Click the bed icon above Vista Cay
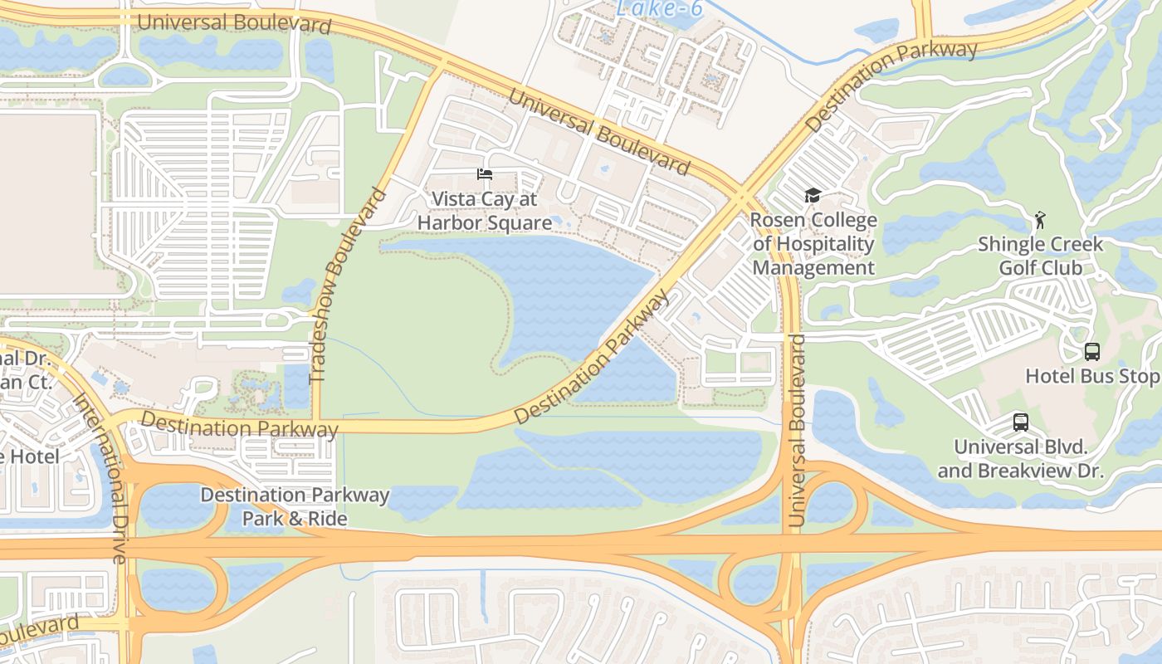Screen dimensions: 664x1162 (x=485, y=174)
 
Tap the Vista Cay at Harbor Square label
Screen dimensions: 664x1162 (x=485, y=212)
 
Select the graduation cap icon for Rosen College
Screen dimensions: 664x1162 (x=813, y=196)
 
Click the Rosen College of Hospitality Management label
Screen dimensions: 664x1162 (x=813, y=244)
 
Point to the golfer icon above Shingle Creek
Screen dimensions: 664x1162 (x=1040, y=220)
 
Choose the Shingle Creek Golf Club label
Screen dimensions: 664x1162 (x=1040, y=256)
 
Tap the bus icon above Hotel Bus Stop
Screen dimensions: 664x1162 (x=1092, y=351)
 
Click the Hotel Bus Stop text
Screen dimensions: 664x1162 (x=1091, y=376)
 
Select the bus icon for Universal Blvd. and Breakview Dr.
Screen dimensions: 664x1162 (x=1021, y=422)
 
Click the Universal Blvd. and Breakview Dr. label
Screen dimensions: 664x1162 (x=1021, y=459)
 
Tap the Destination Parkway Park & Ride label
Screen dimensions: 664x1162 (x=295, y=507)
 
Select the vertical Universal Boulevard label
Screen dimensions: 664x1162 (x=797, y=430)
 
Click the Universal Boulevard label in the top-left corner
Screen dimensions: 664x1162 (x=234, y=22)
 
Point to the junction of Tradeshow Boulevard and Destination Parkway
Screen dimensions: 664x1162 (x=316, y=424)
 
